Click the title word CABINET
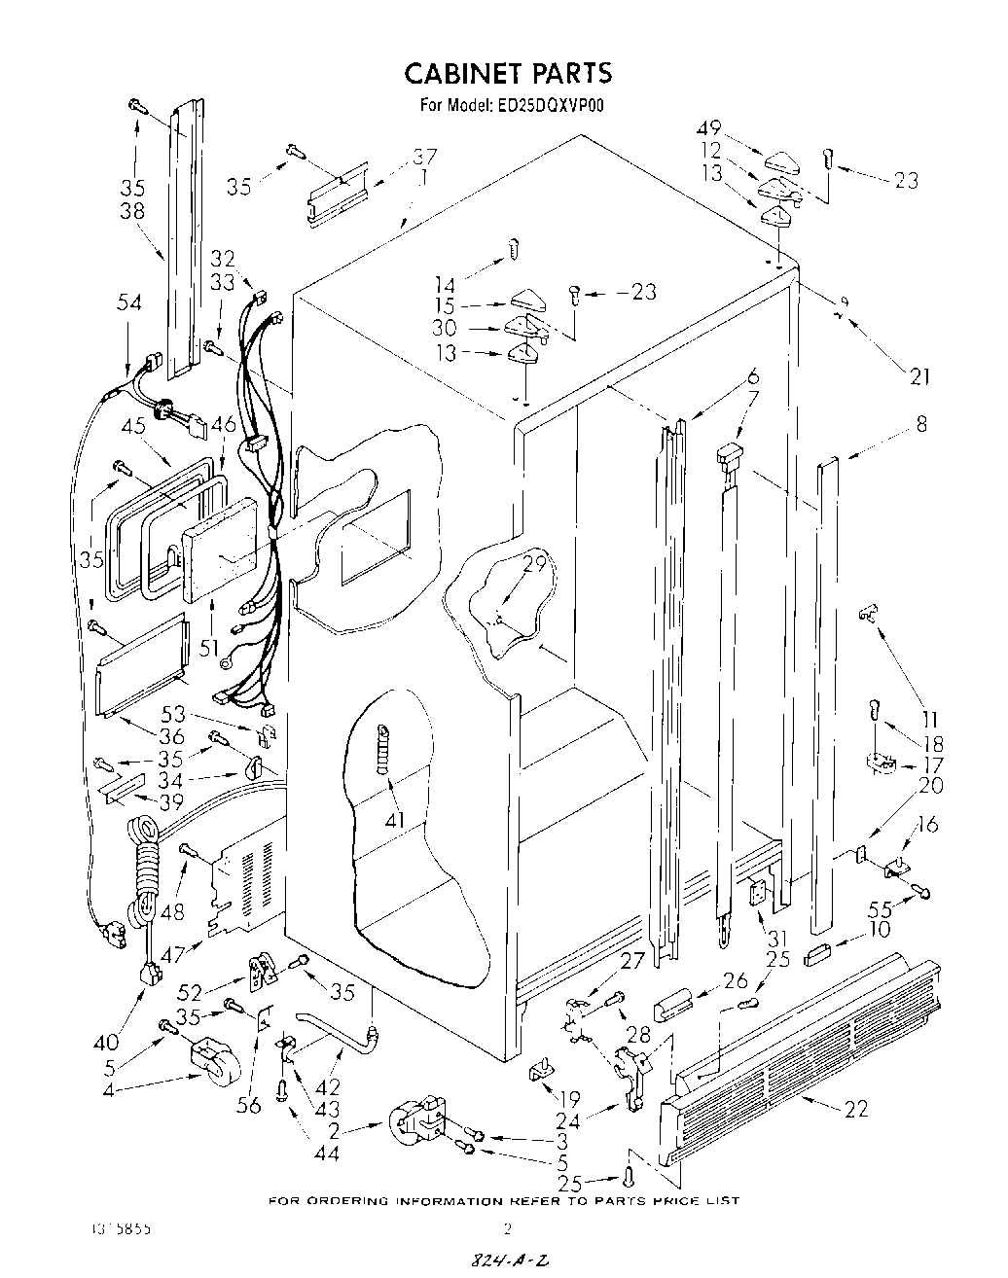[x=463, y=73]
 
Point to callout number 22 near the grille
[x=857, y=1108]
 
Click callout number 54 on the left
[x=128, y=303]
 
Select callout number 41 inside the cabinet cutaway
[x=393, y=820]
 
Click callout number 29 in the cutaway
[x=534, y=564]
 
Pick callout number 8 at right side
[x=920, y=424]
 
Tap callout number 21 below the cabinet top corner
[x=919, y=376]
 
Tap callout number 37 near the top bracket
[x=424, y=156]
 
